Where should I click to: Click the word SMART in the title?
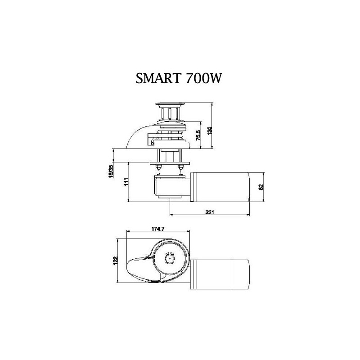158,78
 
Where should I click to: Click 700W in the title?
203,78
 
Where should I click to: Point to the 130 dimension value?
210,131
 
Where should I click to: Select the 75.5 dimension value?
198,135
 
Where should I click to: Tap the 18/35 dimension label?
111,171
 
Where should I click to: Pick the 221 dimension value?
209,212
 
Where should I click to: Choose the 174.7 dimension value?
158,229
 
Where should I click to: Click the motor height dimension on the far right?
261,187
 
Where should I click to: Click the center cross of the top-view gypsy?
170,258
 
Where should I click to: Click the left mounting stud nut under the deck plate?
158,166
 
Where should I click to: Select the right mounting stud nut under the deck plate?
180,166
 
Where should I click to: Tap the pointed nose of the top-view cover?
128,266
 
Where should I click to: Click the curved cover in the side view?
137,135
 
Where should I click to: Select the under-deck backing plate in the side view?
170,163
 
